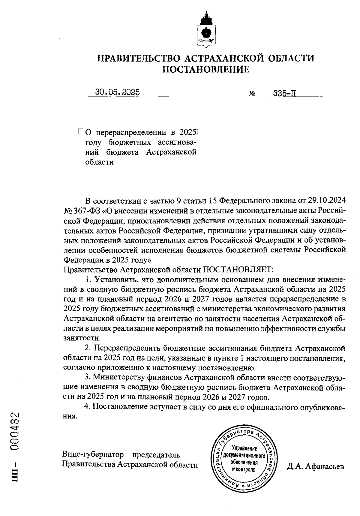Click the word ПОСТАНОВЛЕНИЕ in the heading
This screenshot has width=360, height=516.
[206, 70]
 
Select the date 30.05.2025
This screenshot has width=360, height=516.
[118, 92]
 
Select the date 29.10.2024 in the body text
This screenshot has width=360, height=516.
[327, 200]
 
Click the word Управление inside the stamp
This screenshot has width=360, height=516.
[244, 448]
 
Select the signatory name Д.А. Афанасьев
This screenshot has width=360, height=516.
[315, 466]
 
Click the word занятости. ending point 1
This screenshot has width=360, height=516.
[82, 338]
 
